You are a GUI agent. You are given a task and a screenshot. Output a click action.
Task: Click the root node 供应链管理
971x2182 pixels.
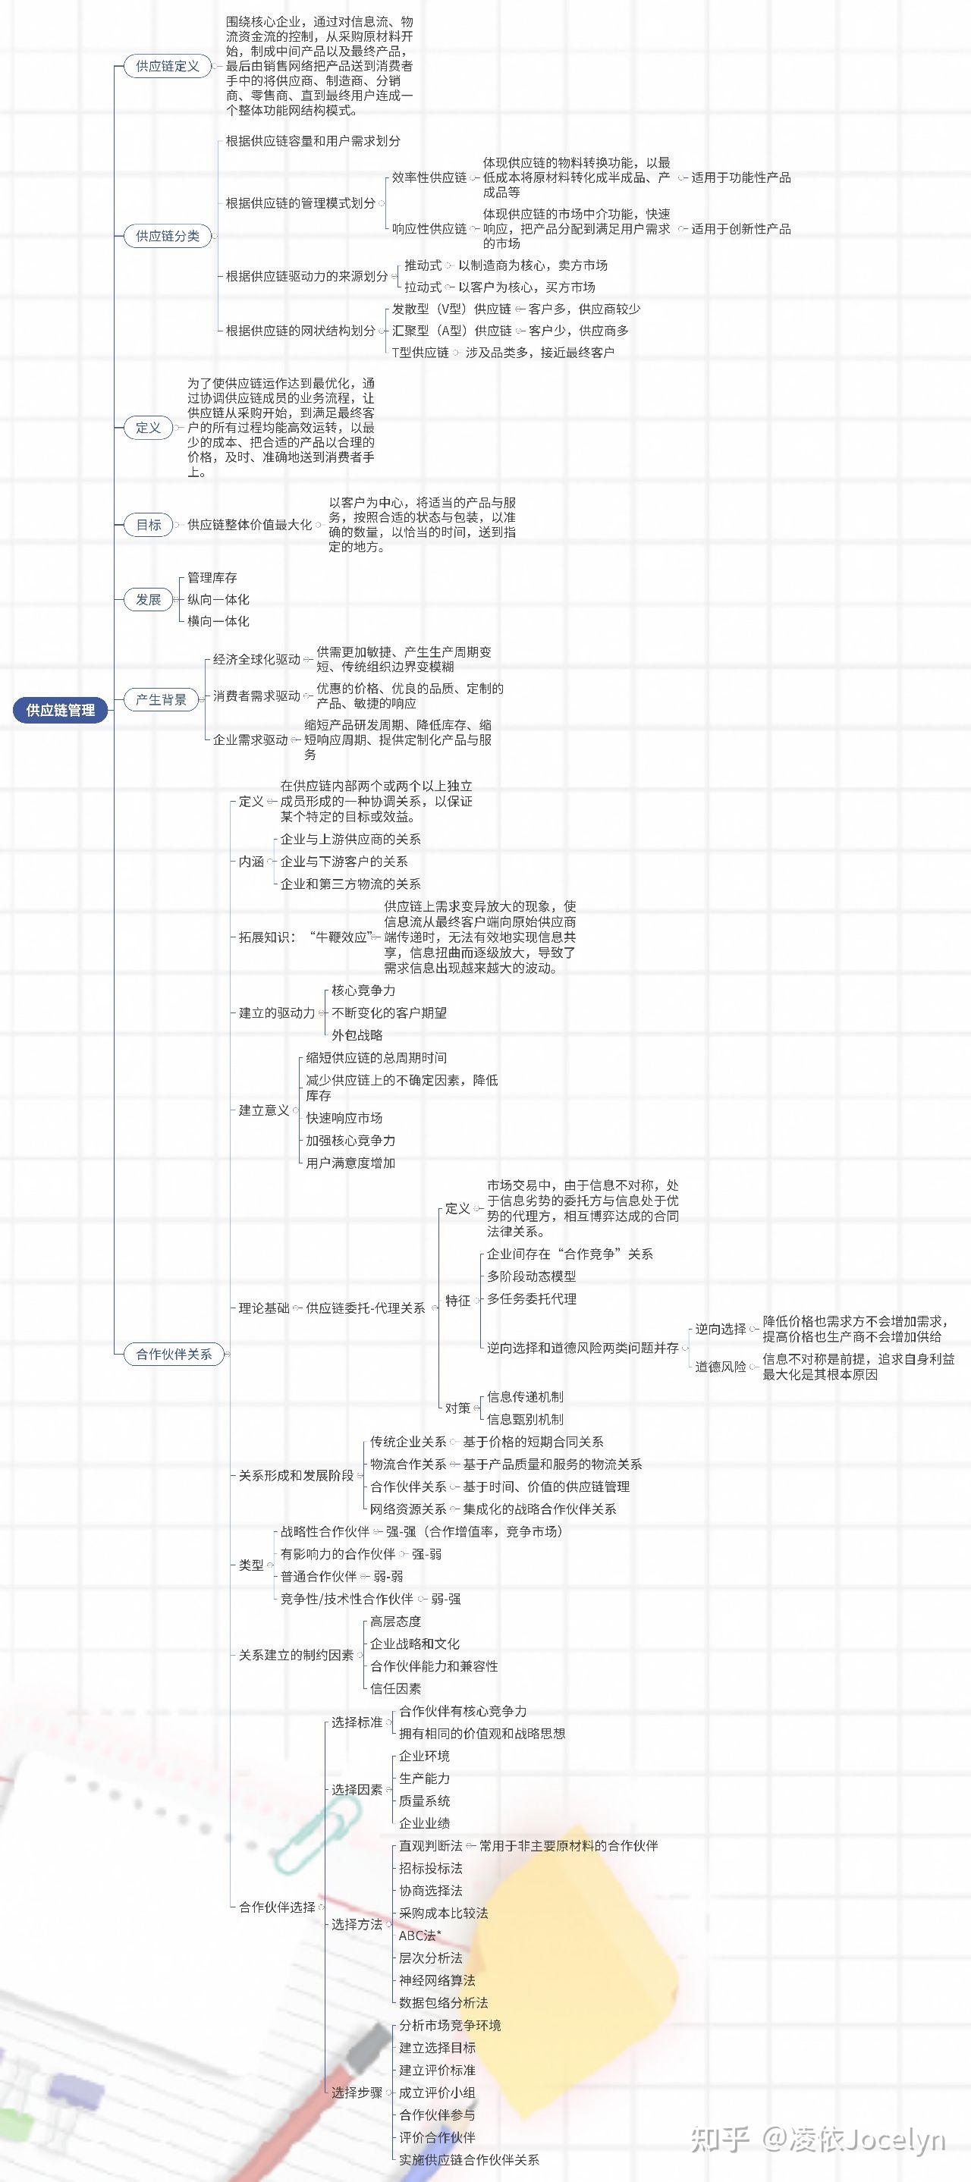pos(60,710)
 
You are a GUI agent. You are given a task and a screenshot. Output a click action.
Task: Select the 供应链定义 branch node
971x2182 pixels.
pos(168,66)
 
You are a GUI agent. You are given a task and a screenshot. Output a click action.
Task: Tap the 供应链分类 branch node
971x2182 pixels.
pos(168,235)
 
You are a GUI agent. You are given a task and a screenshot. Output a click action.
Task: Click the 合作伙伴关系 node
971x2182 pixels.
pos(174,1354)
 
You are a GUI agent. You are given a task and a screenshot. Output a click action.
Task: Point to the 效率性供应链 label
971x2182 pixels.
pos(429,178)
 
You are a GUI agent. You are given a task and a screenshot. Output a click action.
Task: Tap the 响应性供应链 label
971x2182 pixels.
pos(429,229)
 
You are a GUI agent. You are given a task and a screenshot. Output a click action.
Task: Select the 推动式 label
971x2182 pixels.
pos(423,265)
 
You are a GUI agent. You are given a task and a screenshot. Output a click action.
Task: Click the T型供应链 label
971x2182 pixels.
pos(420,353)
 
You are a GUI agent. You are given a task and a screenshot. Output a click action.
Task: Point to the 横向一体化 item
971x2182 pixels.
pos(218,621)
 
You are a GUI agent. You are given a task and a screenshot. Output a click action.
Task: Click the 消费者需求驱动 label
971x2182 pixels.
pos(256,695)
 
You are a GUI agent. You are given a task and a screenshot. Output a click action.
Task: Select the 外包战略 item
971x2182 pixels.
pos(357,1035)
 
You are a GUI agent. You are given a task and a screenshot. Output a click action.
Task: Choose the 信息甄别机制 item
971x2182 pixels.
pos(524,1419)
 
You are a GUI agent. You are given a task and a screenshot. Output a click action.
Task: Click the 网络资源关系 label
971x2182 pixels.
pos(407,1509)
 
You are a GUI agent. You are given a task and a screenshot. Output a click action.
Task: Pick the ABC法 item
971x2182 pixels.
pos(420,1935)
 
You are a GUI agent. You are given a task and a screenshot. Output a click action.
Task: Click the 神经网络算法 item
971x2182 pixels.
pos(437,1979)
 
